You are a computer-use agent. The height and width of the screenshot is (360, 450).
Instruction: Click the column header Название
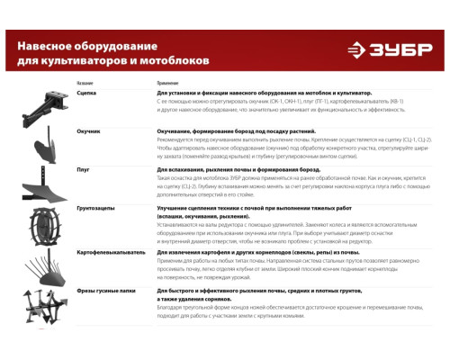click(85, 83)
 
